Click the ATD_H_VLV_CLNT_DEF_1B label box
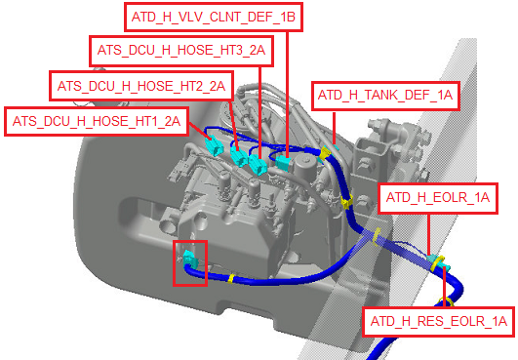214,17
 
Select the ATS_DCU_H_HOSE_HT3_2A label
181,51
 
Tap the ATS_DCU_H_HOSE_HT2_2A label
141,86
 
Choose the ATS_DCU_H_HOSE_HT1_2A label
97,121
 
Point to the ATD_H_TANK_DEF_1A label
385,96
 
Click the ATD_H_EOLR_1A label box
438,198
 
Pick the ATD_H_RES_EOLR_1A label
439,321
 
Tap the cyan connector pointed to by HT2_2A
239,155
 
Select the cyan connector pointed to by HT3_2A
258,164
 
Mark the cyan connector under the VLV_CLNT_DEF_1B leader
283,163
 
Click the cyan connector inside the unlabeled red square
190,259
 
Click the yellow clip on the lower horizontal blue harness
231,278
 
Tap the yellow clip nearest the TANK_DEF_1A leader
325,152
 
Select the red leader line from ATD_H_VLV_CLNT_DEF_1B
288,94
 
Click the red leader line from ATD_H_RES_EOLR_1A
445,287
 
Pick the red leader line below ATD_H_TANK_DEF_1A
334,129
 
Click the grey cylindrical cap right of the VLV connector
304,167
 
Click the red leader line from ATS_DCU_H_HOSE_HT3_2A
260,111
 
